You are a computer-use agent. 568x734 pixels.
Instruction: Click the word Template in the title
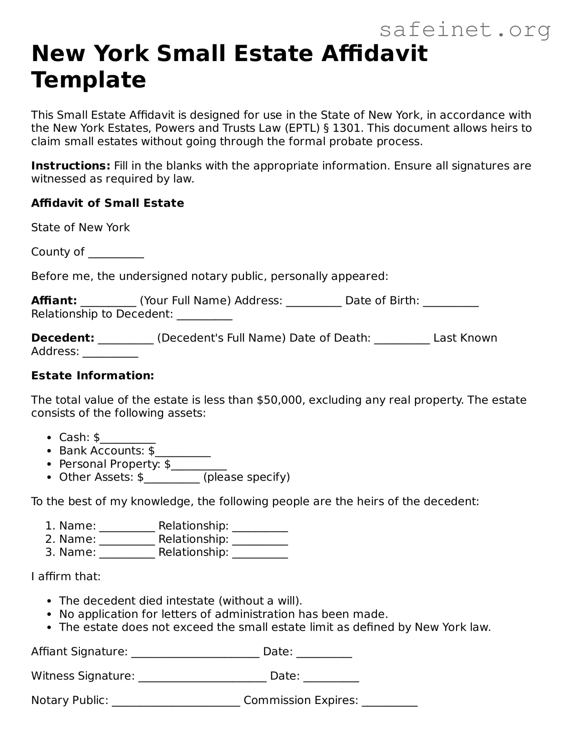tap(88, 80)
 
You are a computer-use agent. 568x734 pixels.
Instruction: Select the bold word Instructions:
tap(70, 166)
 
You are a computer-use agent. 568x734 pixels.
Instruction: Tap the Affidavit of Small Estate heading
tap(107, 203)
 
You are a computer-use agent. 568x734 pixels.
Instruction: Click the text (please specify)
tap(247, 477)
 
